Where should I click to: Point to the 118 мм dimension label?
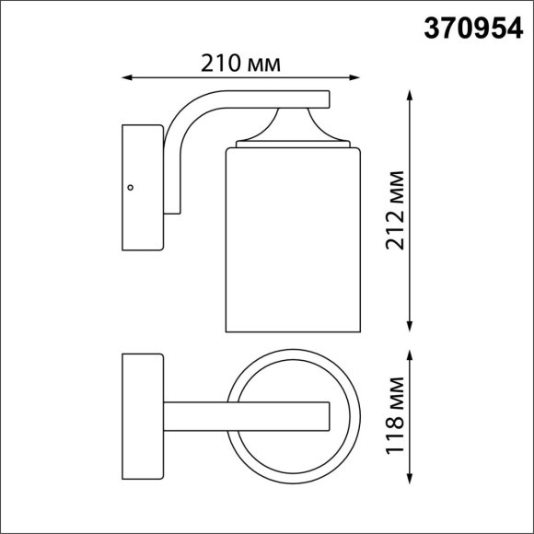(x=396, y=417)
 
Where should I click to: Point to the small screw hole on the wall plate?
(x=131, y=187)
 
